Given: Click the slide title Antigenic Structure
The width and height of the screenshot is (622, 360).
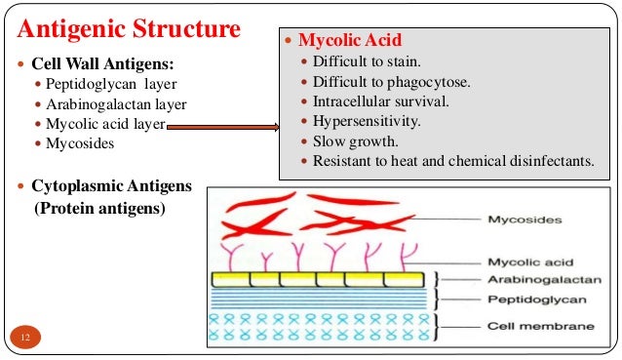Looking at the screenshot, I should coord(128,26).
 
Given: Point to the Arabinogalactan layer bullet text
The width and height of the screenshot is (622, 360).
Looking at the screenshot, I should coord(116,104).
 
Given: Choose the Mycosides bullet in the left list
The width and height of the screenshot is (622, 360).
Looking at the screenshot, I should coord(81,143).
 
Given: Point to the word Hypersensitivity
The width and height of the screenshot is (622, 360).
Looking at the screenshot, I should coord(367,121).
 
